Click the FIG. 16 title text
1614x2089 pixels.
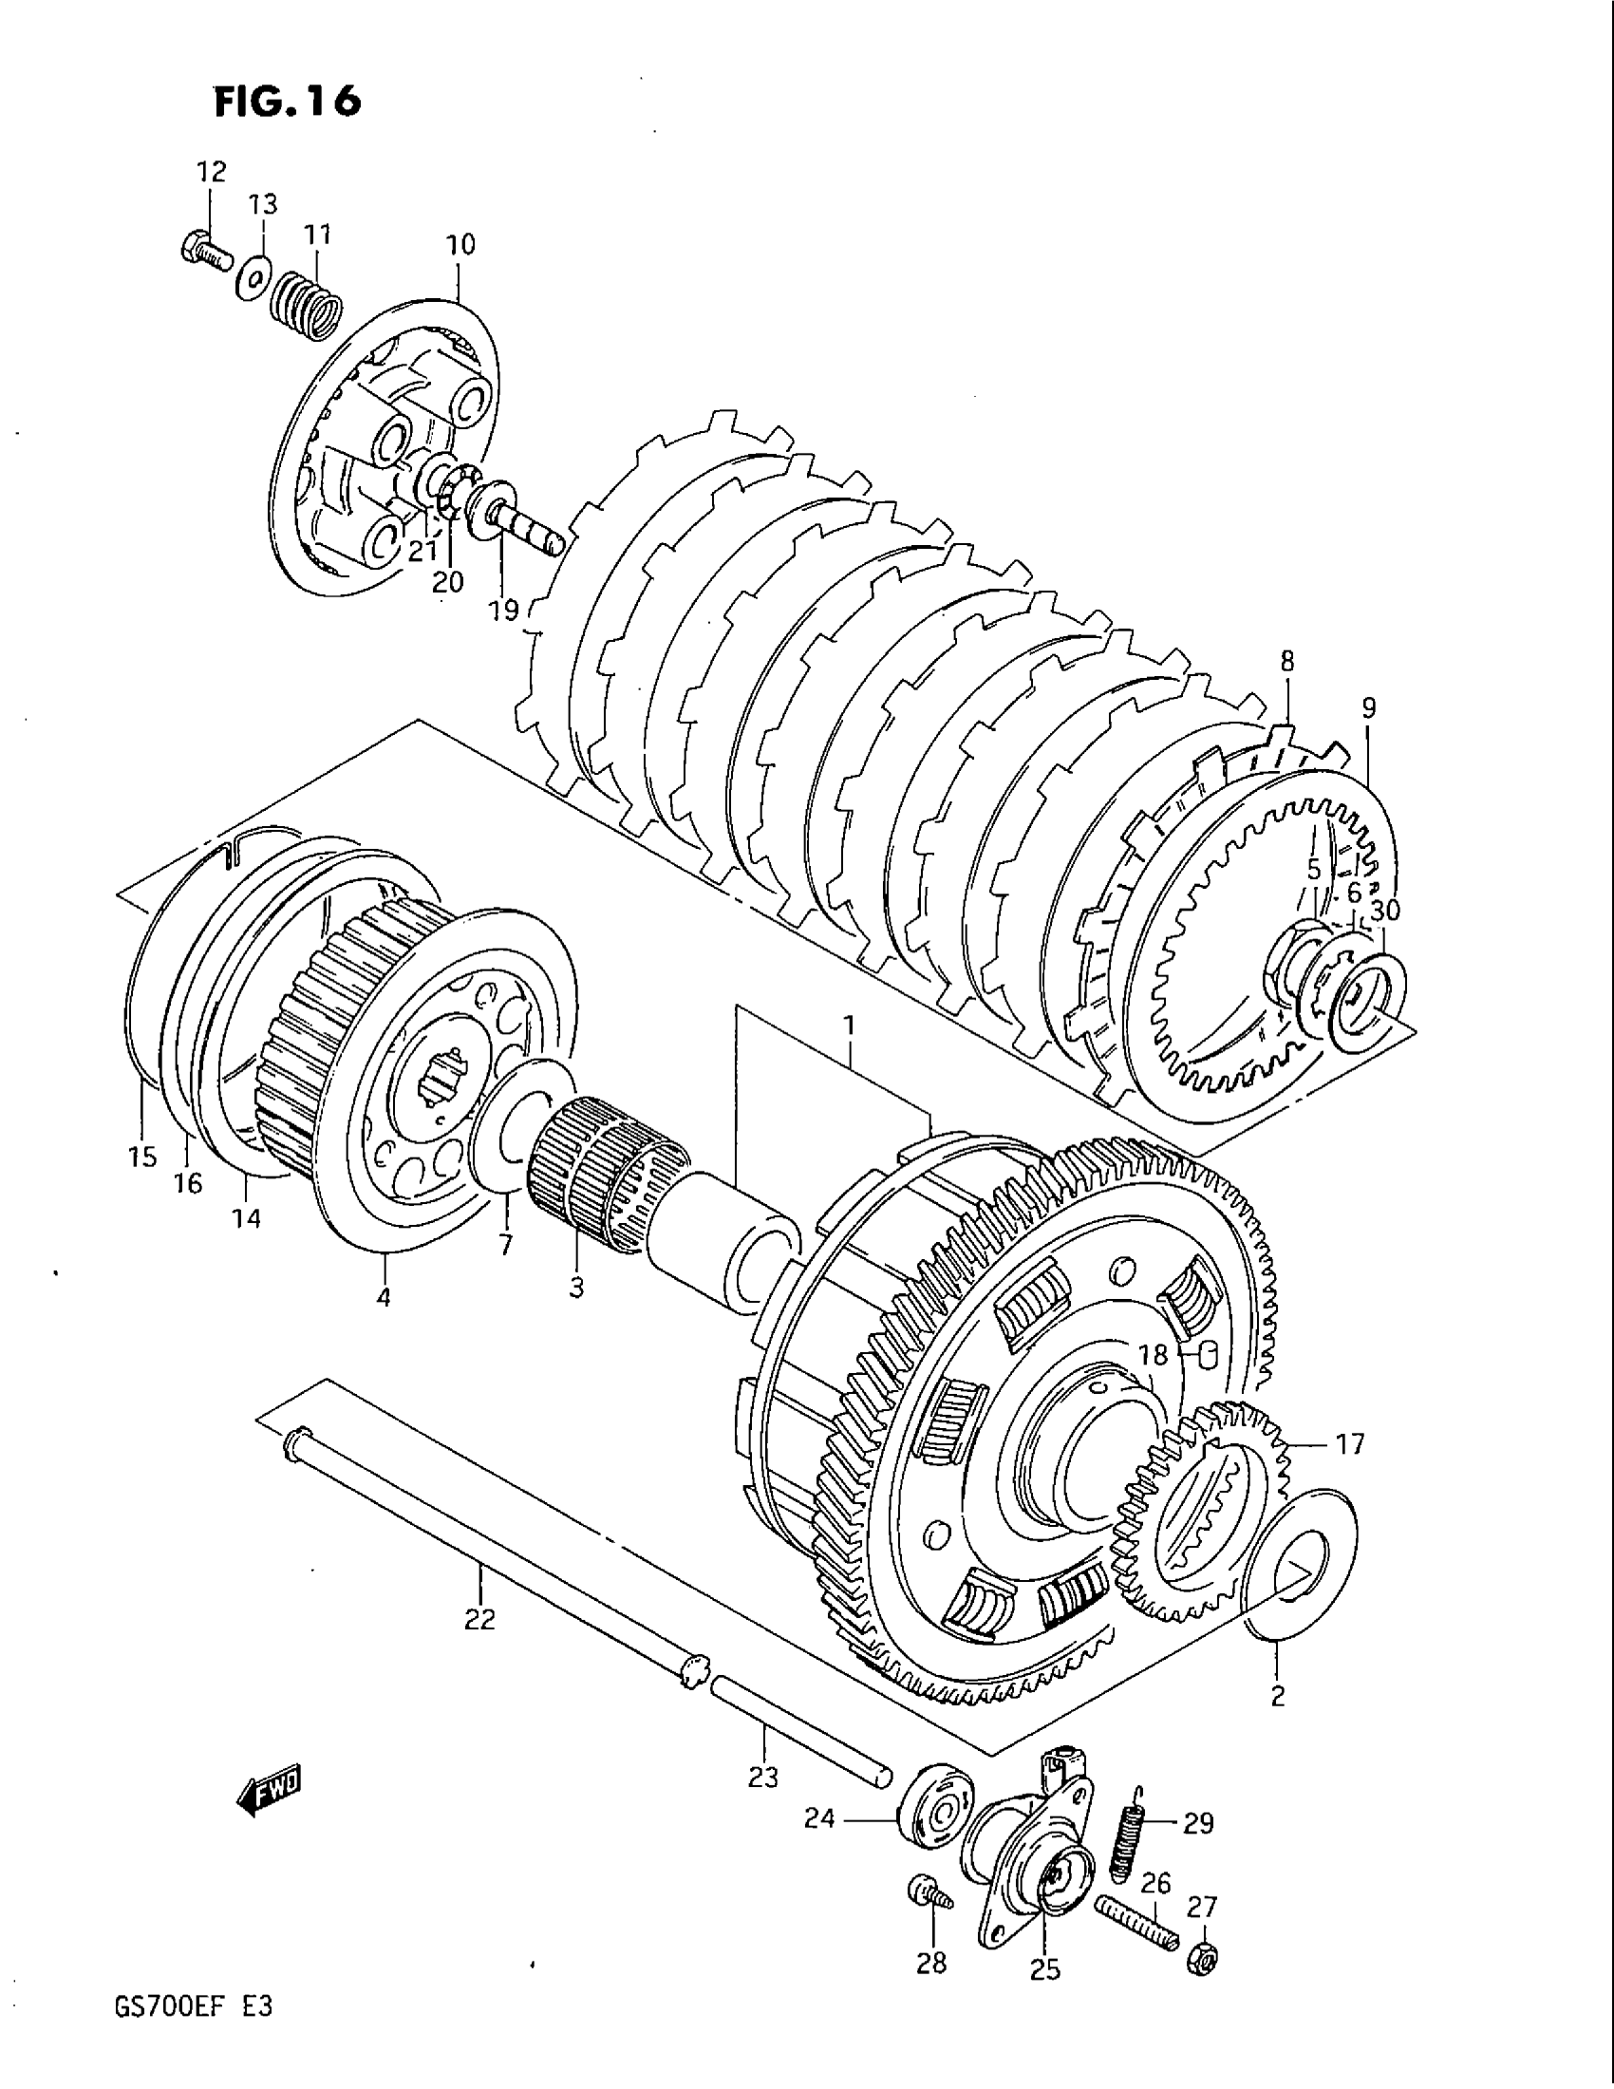click(x=287, y=100)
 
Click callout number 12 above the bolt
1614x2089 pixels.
click(x=212, y=172)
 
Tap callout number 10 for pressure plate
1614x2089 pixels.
click(x=460, y=245)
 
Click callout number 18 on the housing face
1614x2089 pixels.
click(x=1154, y=1353)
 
